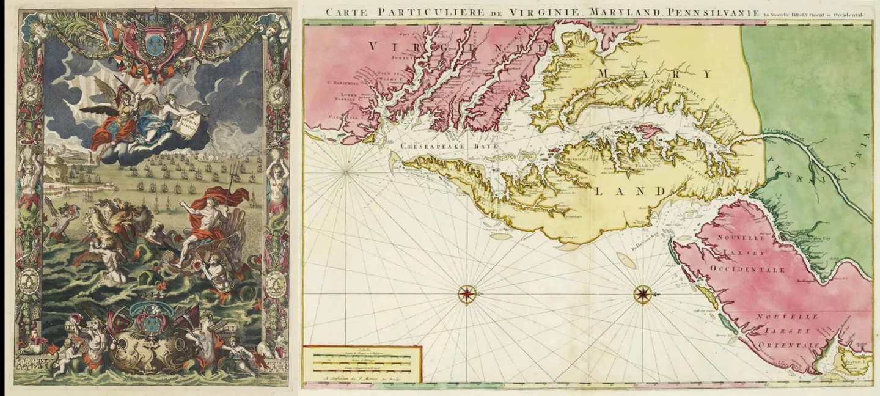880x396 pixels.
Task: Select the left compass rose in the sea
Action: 467,294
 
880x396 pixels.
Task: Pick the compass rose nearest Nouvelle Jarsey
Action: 642,294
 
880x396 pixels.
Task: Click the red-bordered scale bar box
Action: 362,363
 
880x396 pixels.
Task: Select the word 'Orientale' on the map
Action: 789,346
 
